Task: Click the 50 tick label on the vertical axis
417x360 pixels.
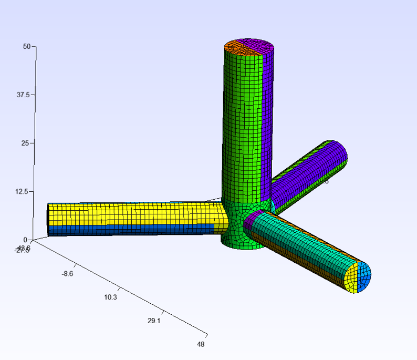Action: click(x=26, y=46)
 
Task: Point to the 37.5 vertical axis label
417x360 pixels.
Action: click(x=23, y=95)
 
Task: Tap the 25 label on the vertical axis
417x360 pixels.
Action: click(x=26, y=143)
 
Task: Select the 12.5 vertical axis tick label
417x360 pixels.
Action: click(x=23, y=191)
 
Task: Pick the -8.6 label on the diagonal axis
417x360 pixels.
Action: click(x=67, y=273)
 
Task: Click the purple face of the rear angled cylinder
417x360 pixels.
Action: click(x=310, y=168)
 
